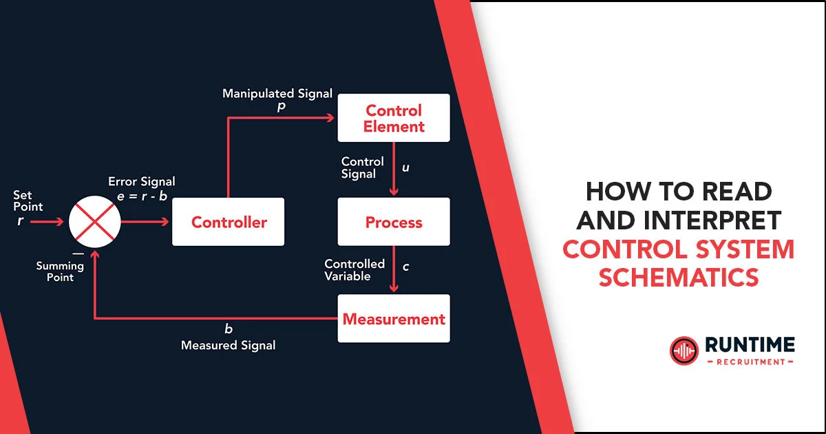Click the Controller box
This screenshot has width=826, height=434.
228,222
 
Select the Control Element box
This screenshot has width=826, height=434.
394,118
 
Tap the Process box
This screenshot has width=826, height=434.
394,222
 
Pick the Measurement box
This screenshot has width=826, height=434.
394,319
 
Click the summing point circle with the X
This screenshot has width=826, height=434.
95,222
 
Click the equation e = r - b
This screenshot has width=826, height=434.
142,196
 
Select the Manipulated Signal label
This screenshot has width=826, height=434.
277,94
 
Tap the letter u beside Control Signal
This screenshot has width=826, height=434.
405,167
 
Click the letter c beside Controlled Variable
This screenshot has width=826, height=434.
405,267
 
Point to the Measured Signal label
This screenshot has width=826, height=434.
228,345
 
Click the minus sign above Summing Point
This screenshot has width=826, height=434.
78,253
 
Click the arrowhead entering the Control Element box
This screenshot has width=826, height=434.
330,118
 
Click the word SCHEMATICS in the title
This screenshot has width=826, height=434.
679,277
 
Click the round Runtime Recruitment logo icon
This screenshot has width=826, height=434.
684,351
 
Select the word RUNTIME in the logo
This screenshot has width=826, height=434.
750,344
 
